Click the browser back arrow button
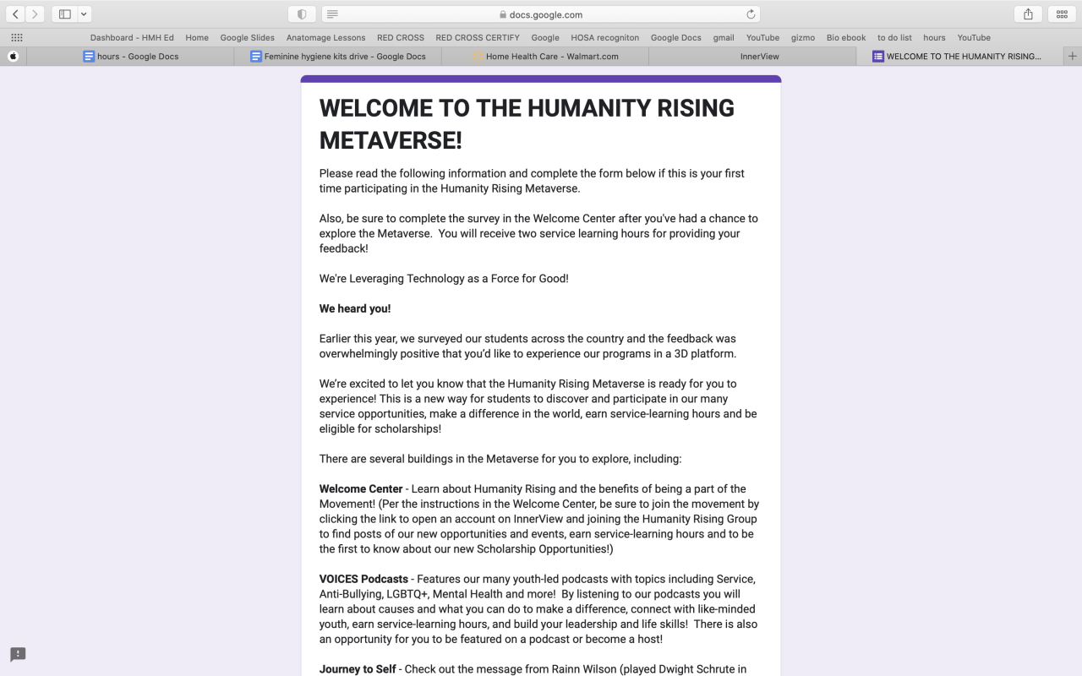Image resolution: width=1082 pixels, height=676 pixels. click(15, 14)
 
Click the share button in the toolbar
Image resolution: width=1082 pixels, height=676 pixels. click(1028, 14)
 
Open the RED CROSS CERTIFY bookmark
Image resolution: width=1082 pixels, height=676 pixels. click(478, 38)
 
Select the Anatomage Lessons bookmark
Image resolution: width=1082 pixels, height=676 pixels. click(325, 38)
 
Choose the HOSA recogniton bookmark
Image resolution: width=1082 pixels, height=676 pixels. click(604, 38)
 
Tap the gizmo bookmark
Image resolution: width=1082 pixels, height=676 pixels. click(802, 38)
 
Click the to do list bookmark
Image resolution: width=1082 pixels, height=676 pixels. click(894, 38)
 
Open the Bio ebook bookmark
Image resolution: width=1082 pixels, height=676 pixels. click(846, 38)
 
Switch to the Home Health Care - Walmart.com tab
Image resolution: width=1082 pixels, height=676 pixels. click(551, 57)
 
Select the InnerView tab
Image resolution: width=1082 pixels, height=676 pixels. click(759, 57)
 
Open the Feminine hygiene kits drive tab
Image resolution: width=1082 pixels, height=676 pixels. click(344, 57)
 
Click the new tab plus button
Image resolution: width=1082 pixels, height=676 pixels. click(1073, 57)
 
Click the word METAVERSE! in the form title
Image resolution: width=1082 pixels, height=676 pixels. click(391, 140)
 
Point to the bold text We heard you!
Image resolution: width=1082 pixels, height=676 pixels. click(355, 308)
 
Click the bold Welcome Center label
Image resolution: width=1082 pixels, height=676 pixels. click(361, 489)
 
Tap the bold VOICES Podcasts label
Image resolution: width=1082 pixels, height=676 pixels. click(363, 580)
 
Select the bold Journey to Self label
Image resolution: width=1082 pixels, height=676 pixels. click(358, 669)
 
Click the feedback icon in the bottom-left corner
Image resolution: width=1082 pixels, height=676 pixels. click(18, 655)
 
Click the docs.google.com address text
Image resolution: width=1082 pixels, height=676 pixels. click(545, 14)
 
